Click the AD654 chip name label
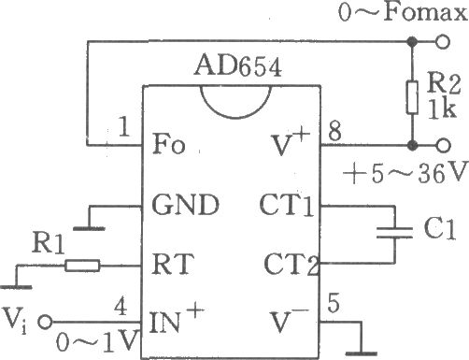click(x=238, y=66)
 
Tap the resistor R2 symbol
click(x=412, y=97)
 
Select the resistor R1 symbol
click(x=82, y=266)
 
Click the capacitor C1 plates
click(x=394, y=233)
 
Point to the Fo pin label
click(x=169, y=144)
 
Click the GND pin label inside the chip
click(x=186, y=205)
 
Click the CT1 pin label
click(x=287, y=205)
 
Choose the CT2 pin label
click(x=291, y=265)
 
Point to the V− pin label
click(x=290, y=321)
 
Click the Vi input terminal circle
click(x=46, y=322)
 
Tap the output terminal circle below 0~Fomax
click(x=443, y=41)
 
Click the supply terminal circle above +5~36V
click(x=443, y=145)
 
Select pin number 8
click(x=334, y=131)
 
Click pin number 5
click(x=334, y=303)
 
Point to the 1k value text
click(x=442, y=109)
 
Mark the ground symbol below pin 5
click(x=362, y=353)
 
